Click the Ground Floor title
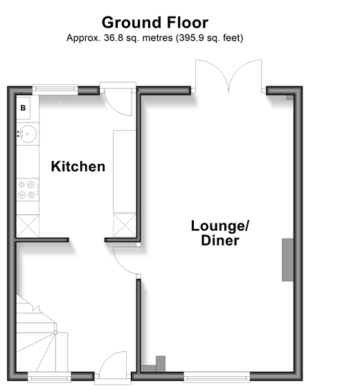point(155,23)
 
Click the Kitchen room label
point(78,167)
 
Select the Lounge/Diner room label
point(220,233)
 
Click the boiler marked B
point(23,108)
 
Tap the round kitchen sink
point(28,134)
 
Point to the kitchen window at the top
point(55,89)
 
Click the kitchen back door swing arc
point(117,109)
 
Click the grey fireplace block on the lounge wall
point(287,260)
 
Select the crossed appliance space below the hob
point(28,226)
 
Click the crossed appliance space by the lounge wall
point(125,225)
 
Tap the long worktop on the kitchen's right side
point(125,171)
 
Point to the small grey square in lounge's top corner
point(290,98)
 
